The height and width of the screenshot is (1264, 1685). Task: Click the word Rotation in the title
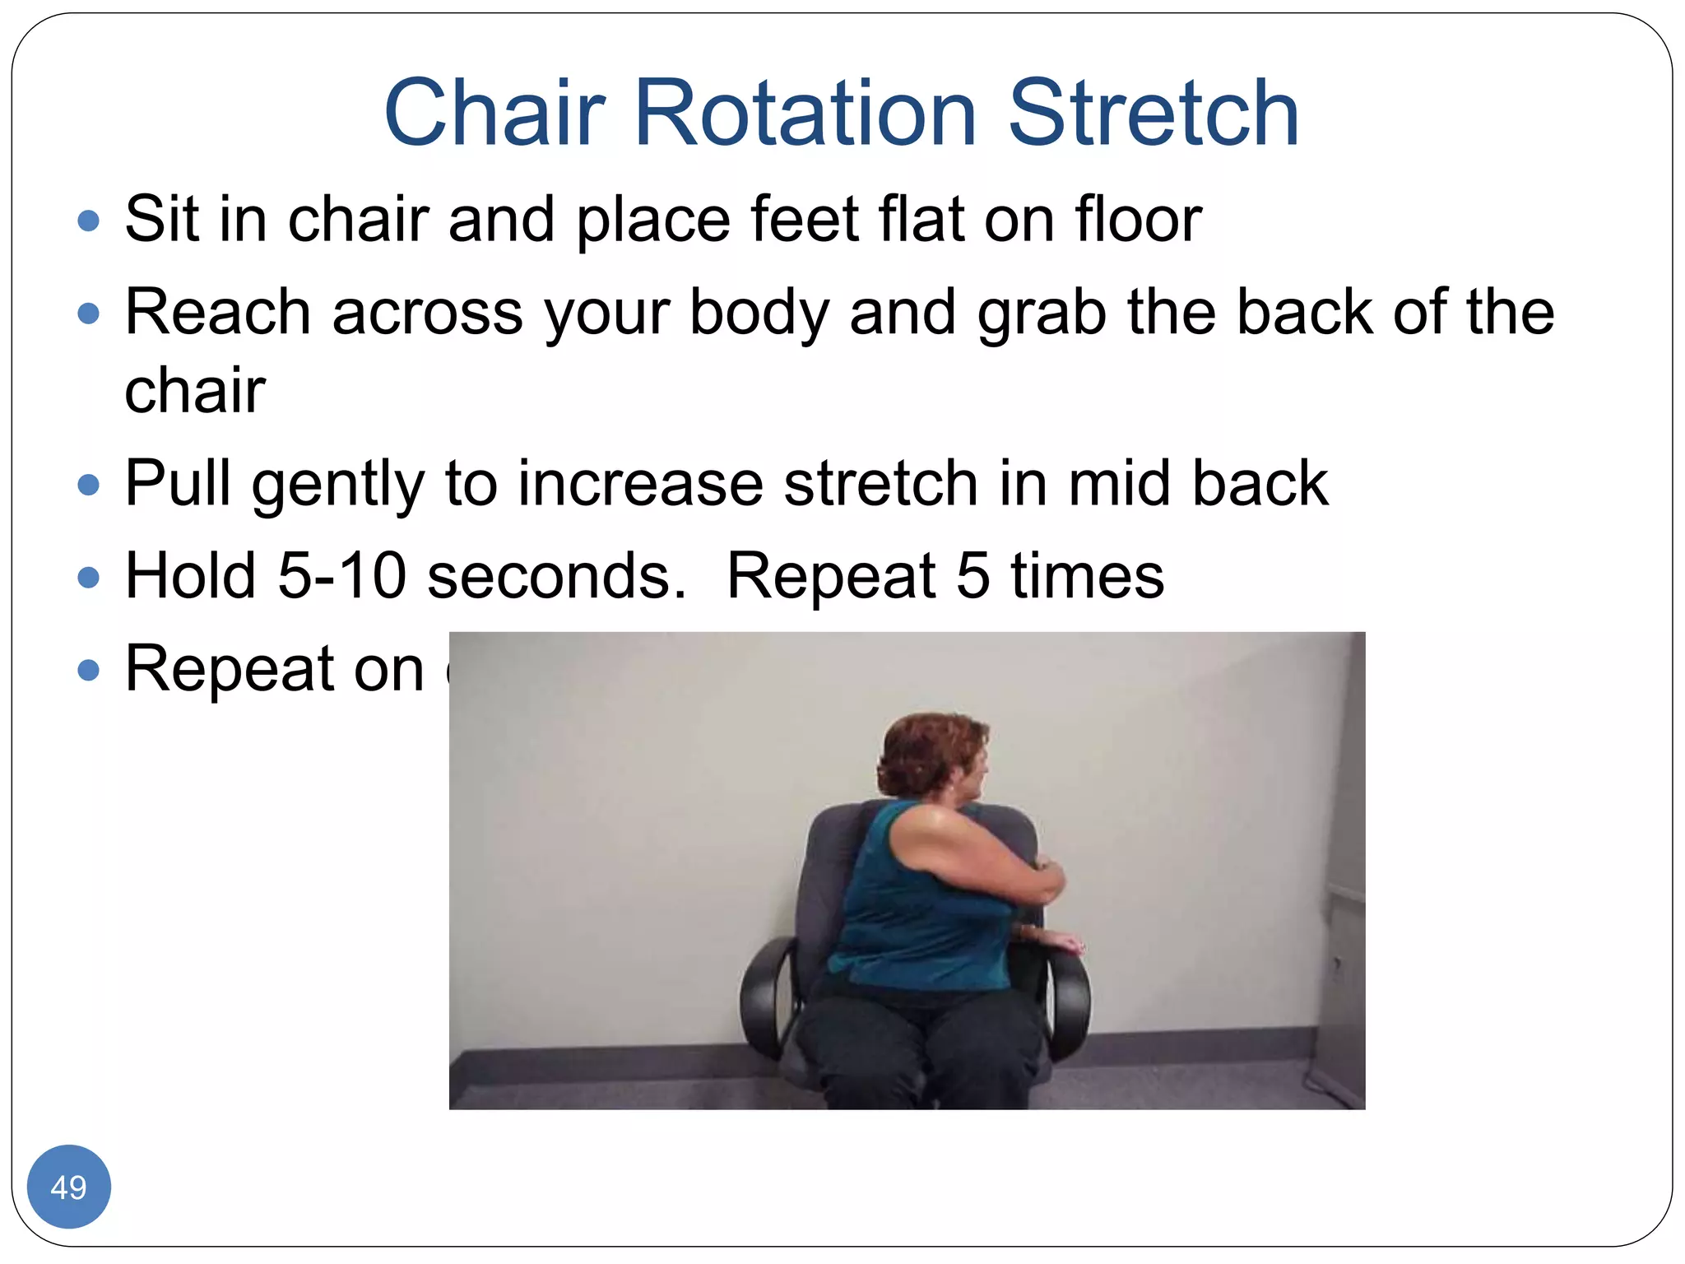coord(805,113)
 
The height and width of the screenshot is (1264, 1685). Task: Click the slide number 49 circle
coord(68,1187)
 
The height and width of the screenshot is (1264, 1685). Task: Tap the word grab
coord(1042,314)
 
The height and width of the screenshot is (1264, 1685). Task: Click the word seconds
coord(556,575)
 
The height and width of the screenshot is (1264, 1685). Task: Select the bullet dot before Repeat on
coord(88,670)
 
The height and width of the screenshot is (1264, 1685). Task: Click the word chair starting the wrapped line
coord(195,389)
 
